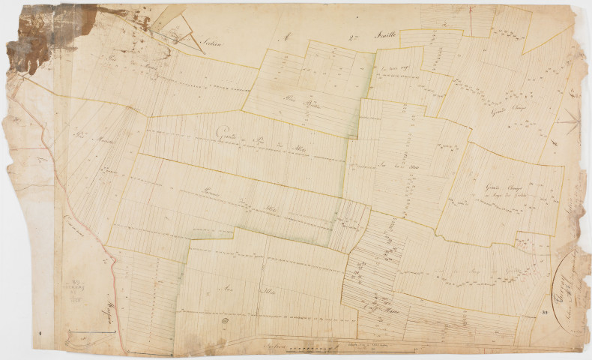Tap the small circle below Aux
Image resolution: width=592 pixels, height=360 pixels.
click(x=223, y=320)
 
